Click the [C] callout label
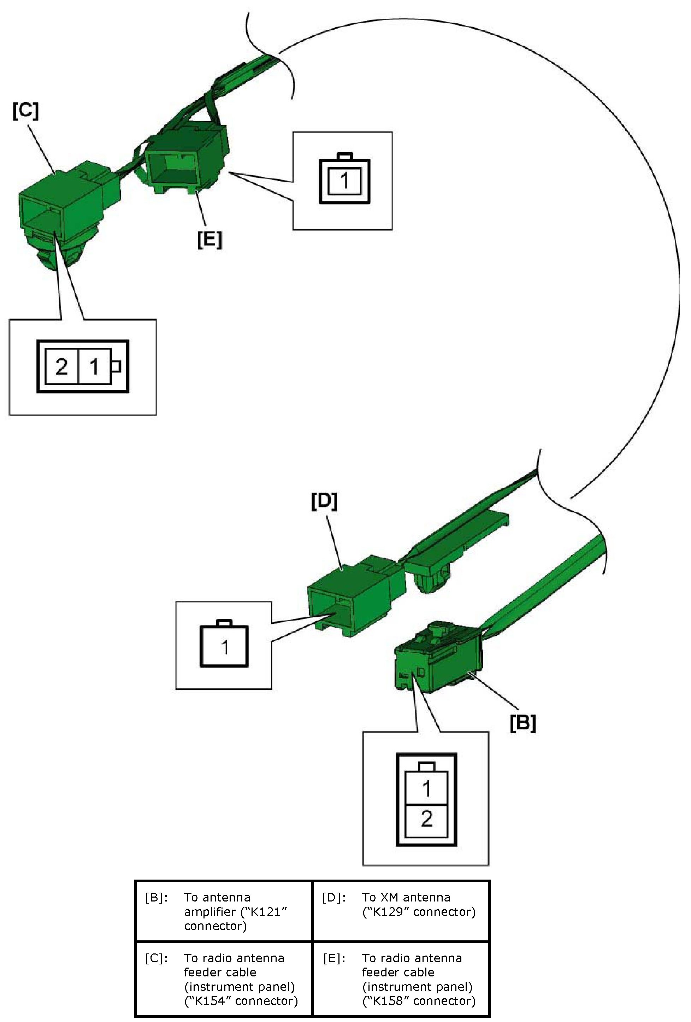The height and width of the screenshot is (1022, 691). [x=25, y=111]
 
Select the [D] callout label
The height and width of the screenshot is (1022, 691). [x=324, y=501]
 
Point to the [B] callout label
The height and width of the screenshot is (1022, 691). [x=522, y=723]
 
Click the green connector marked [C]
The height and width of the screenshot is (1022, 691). [x=61, y=207]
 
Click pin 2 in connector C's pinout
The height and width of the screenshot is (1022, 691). [x=61, y=366]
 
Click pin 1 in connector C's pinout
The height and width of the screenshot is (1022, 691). [x=94, y=366]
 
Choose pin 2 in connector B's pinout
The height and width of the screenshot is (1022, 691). [x=426, y=819]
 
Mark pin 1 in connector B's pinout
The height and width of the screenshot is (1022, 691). [x=426, y=789]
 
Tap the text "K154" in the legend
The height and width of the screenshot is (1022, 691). [x=208, y=1001]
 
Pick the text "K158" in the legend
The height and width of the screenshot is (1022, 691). [x=386, y=1001]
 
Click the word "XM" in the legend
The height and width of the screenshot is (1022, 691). [x=389, y=897]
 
